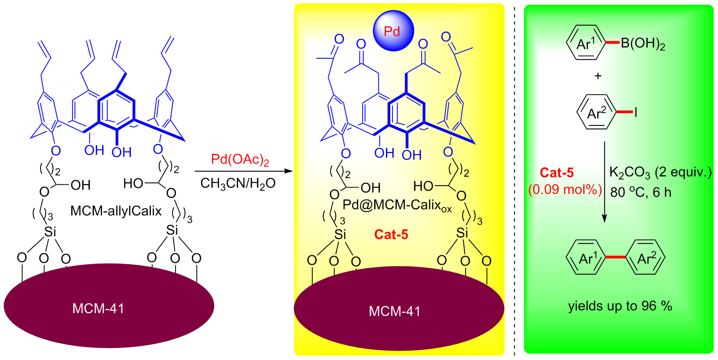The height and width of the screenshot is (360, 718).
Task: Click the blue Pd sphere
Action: (x=393, y=31)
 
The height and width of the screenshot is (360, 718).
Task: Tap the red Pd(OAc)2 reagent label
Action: (x=240, y=160)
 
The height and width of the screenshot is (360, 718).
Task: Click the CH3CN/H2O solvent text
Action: (x=238, y=183)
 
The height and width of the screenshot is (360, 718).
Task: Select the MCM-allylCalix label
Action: (x=116, y=211)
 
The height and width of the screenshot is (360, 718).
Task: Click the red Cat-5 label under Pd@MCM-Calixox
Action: (x=391, y=235)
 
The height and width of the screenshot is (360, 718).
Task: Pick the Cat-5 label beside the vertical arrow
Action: (x=557, y=173)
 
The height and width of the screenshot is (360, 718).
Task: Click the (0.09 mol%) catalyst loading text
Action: (x=565, y=190)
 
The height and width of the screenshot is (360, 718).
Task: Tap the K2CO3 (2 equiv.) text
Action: (x=660, y=173)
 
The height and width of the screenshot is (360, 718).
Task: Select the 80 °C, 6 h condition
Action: (x=641, y=192)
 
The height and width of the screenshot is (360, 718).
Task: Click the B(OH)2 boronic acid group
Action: (x=643, y=44)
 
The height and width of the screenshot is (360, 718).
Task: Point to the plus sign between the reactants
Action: (x=598, y=76)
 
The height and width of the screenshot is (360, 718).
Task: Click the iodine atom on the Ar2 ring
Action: (x=635, y=113)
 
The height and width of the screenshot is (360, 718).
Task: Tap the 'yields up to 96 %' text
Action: (x=620, y=306)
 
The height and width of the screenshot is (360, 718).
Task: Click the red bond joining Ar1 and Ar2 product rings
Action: (x=615, y=257)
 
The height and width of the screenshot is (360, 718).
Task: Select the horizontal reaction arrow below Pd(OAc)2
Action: (x=243, y=171)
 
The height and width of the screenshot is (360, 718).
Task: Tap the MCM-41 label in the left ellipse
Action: (x=98, y=309)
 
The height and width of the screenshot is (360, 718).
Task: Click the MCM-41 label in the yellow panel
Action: (x=395, y=312)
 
